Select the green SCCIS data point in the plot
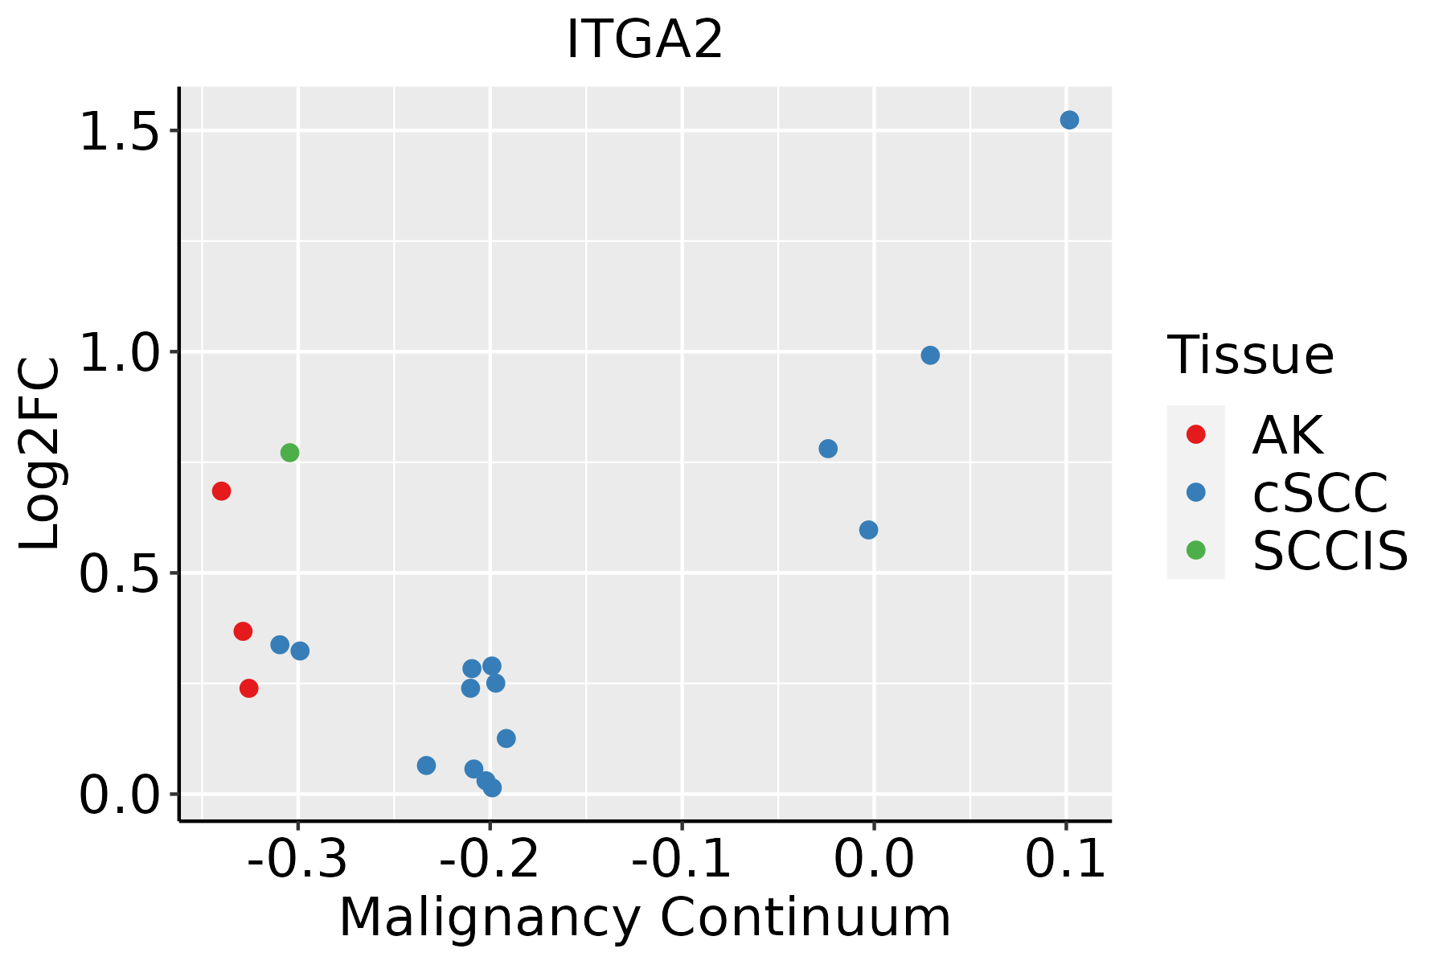point(289,453)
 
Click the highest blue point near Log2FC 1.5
point(1069,120)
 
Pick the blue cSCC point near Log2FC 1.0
point(930,355)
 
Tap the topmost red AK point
point(221,491)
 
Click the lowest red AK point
point(248,688)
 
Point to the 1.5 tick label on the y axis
point(120,132)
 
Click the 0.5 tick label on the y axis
point(120,574)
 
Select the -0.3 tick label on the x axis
point(297,859)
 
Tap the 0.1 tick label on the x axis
point(1066,859)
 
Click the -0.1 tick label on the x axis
point(682,859)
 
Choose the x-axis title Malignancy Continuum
point(645,918)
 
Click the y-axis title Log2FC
point(40,454)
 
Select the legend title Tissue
point(1250,355)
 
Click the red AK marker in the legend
point(1195,434)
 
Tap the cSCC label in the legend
point(1320,492)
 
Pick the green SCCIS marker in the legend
point(1195,550)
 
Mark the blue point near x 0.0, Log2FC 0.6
point(868,530)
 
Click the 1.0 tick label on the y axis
point(120,353)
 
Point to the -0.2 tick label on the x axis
point(490,859)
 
